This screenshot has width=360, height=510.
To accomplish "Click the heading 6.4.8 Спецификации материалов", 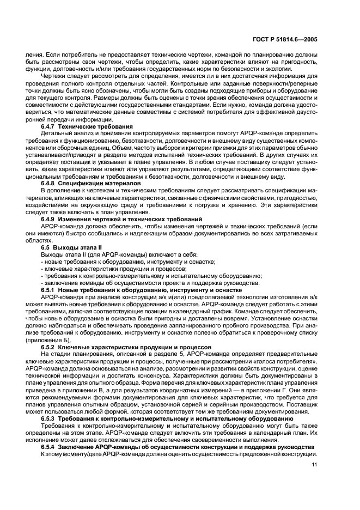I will [91, 183].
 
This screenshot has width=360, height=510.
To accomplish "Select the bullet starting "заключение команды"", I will [150, 283].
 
